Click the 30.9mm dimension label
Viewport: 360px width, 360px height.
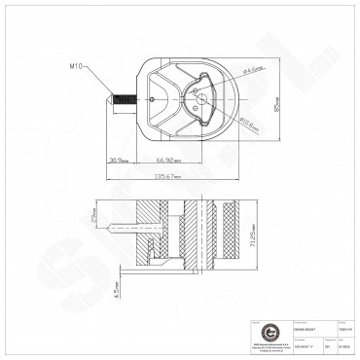120,159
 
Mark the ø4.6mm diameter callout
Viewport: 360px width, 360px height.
255,70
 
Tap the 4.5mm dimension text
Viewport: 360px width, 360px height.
114,289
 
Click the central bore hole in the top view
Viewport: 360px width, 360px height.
200,95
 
